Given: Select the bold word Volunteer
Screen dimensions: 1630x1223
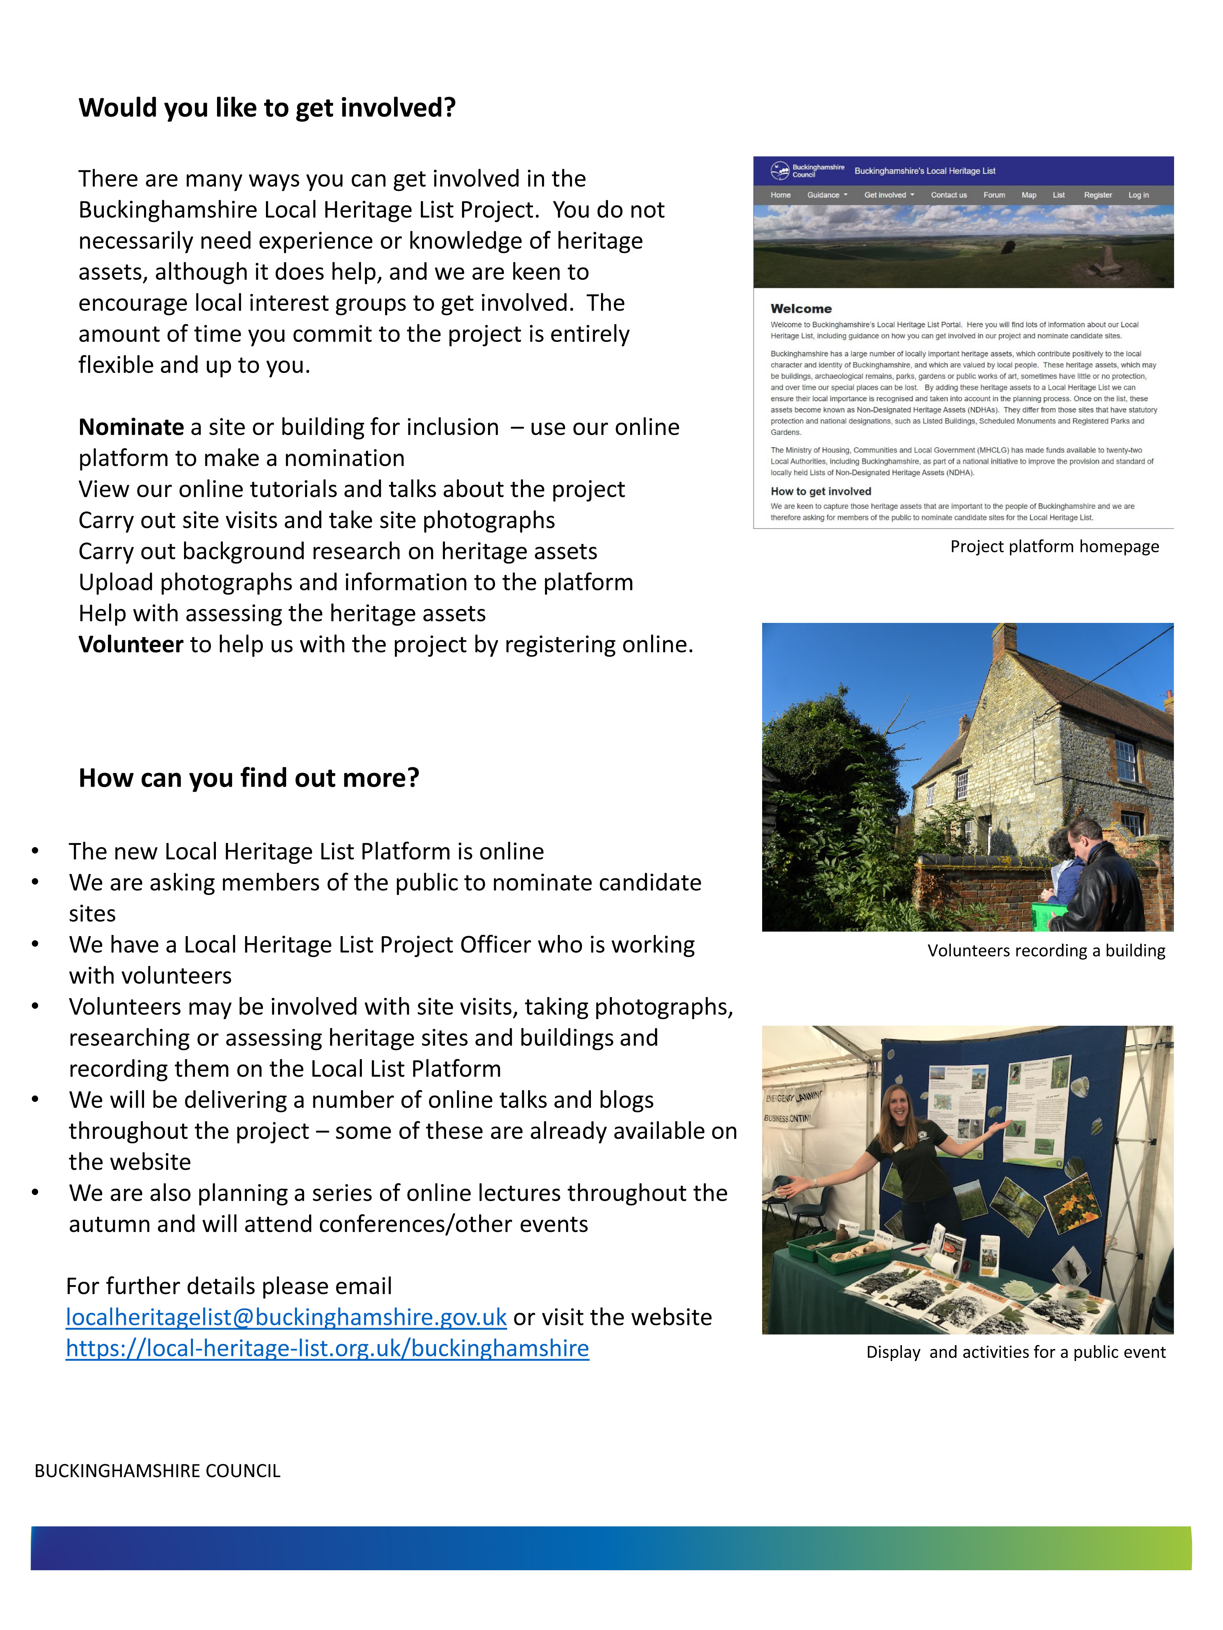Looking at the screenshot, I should pos(130,645).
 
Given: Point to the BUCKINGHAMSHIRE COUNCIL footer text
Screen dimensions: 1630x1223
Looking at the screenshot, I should pos(157,1471).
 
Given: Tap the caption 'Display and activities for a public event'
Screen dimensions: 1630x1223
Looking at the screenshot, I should pos(1016,1352).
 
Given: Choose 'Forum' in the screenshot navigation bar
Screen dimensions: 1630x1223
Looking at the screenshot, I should pos(994,195).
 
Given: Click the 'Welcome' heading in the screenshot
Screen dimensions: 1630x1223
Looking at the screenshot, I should pos(801,309).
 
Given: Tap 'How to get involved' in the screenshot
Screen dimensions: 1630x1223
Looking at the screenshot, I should pos(820,491).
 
